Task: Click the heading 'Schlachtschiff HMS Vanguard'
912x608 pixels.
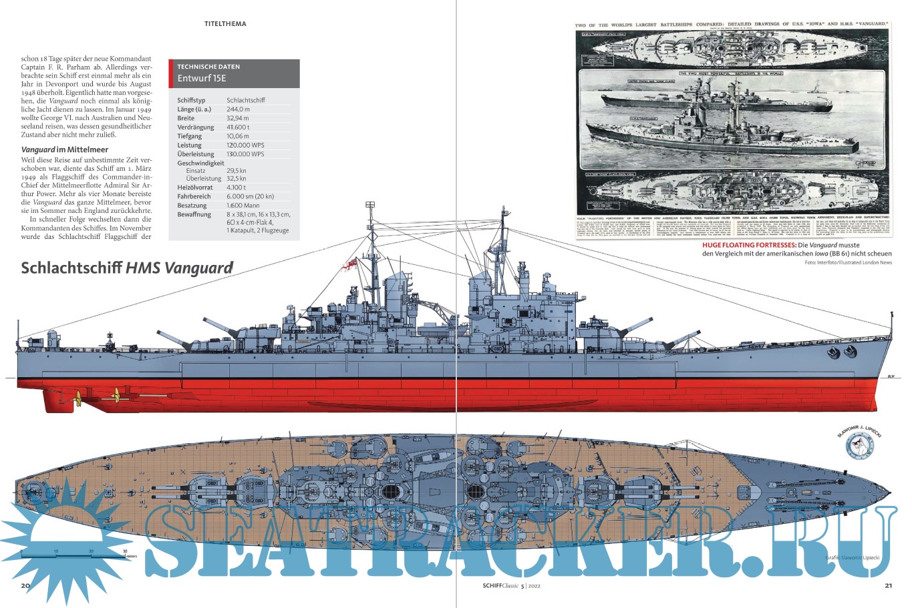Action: (x=127, y=268)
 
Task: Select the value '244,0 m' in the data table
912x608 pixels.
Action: (x=239, y=109)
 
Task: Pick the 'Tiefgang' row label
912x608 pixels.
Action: (x=190, y=136)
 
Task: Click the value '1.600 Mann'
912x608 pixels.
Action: (x=243, y=206)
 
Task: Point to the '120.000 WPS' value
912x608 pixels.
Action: (x=245, y=145)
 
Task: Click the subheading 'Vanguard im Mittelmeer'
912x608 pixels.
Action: (x=65, y=149)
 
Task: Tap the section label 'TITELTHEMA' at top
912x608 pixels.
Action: (x=225, y=24)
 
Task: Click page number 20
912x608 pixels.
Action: (x=26, y=586)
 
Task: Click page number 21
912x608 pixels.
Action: (x=887, y=586)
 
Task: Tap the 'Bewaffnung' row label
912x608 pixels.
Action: (x=194, y=214)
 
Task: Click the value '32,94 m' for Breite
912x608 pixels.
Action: (x=238, y=118)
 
